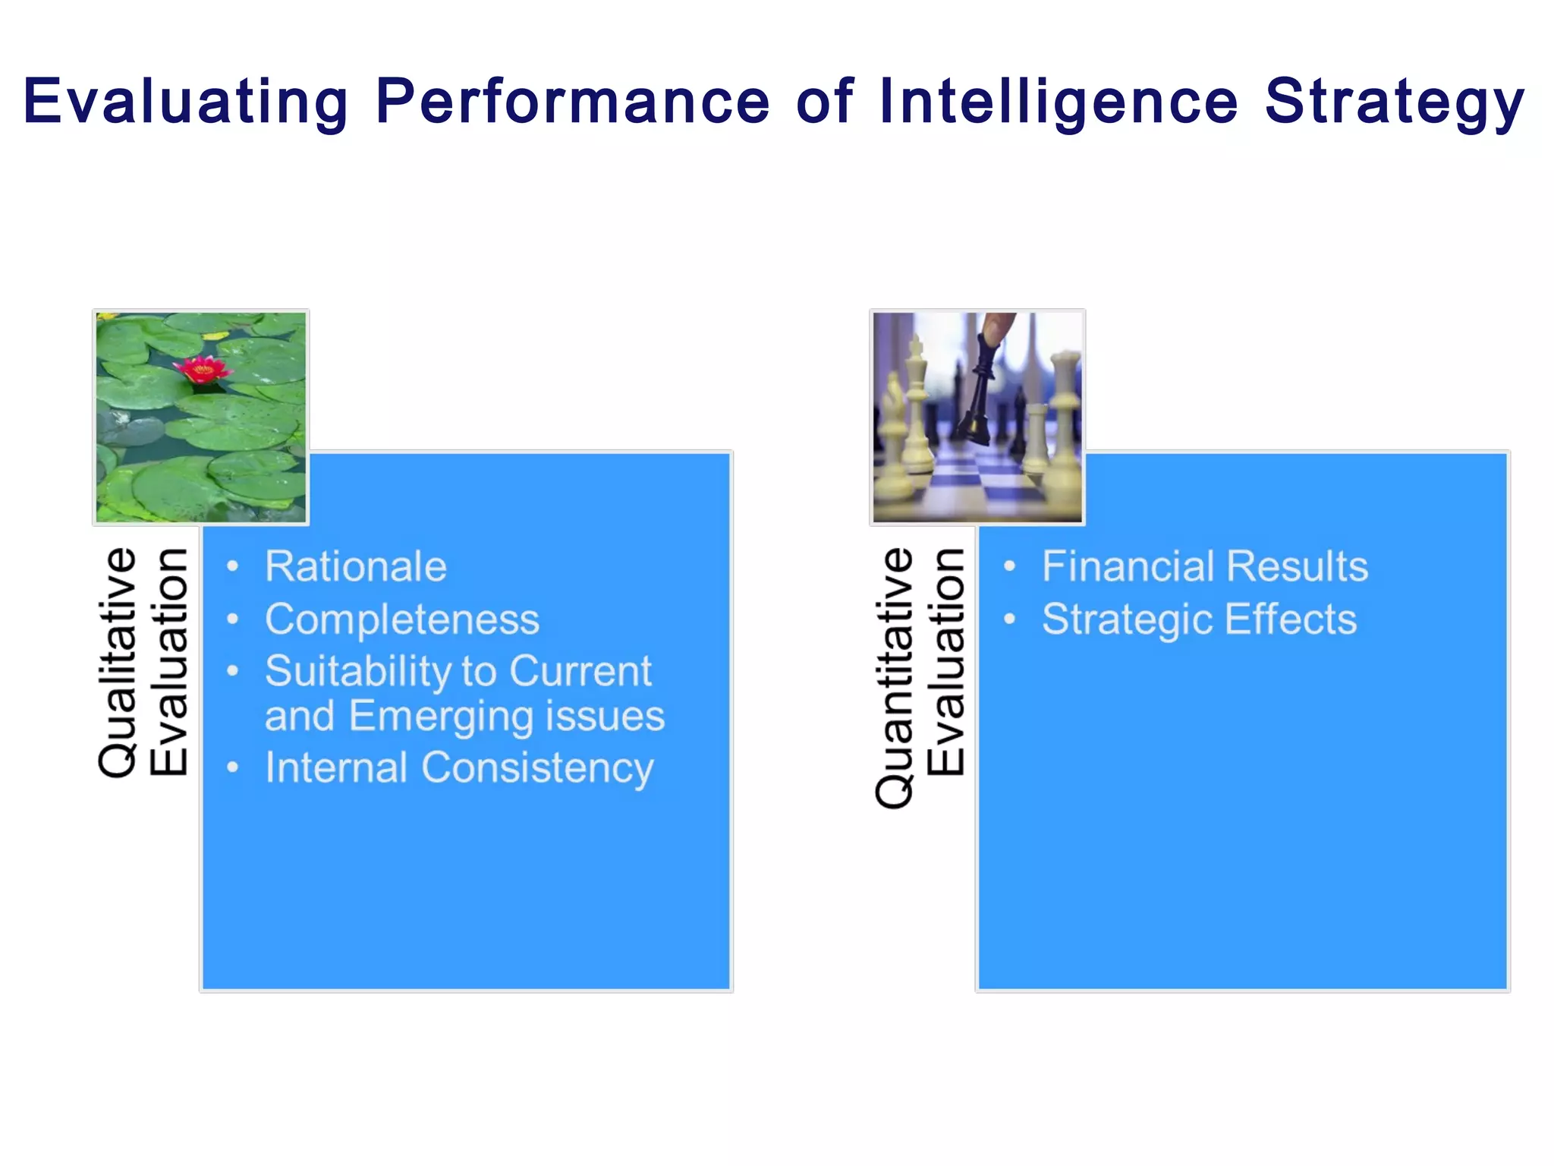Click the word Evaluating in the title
coord(185,102)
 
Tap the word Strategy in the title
coord(1394,102)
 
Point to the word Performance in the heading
coord(573,102)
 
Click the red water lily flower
coord(202,370)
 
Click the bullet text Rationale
coord(355,566)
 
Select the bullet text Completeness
coord(401,619)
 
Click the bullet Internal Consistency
coord(458,767)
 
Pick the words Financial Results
coord(1204,566)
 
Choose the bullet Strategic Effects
coord(1198,619)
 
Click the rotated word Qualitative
coord(118,662)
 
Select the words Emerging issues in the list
coord(506,717)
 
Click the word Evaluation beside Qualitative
coord(168,662)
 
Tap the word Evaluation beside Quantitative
coord(945,662)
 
